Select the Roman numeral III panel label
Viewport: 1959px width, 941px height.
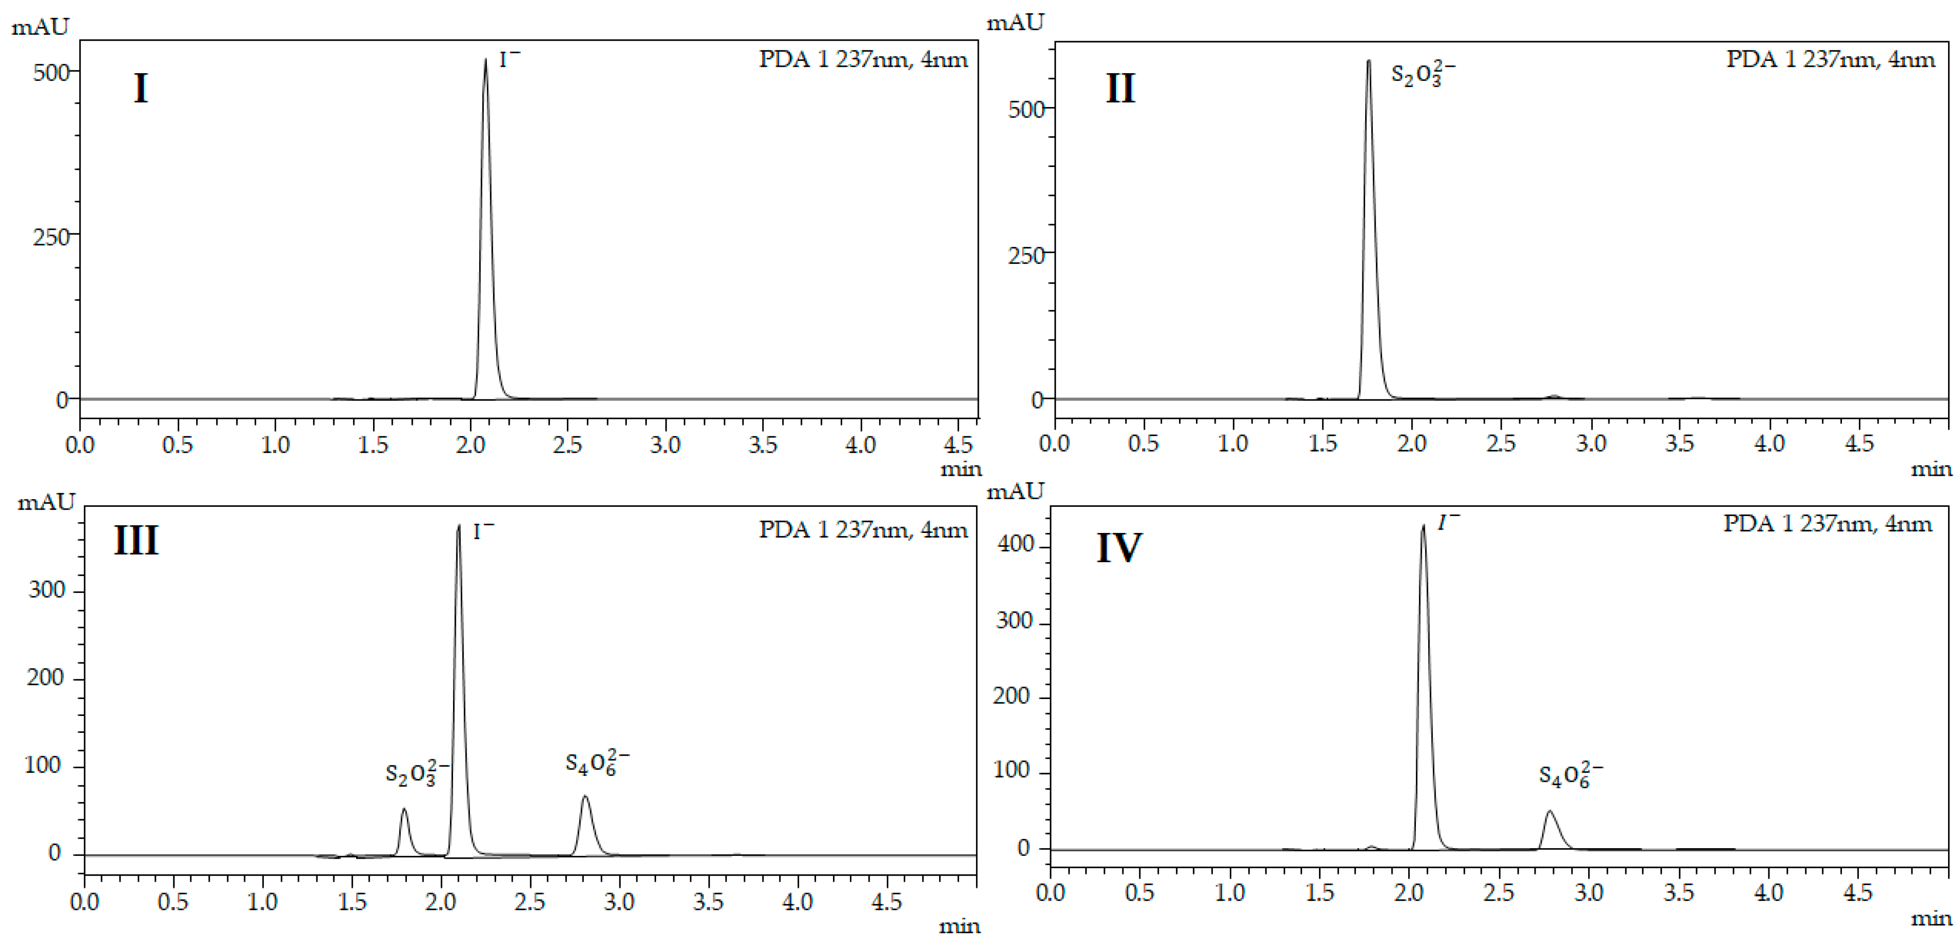click(x=136, y=541)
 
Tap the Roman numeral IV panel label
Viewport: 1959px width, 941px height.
click(x=1119, y=548)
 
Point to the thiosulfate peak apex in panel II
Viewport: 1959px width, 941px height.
click(x=1369, y=62)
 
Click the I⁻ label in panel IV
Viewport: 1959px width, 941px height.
click(x=1448, y=522)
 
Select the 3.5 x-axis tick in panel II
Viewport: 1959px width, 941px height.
click(x=1679, y=443)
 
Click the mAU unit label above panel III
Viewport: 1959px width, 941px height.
click(x=46, y=502)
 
